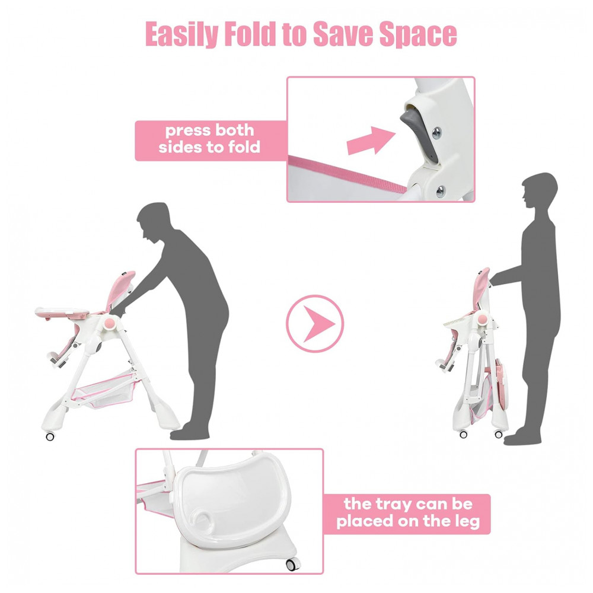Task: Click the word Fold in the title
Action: (250, 34)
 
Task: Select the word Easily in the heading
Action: (181, 34)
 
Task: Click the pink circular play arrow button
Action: (315, 324)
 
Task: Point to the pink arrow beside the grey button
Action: (371, 141)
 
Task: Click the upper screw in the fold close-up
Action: (436, 133)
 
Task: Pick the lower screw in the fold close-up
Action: (441, 192)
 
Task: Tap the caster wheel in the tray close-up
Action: (292, 565)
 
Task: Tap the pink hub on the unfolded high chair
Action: (109, 323)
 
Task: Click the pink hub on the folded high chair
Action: (483, 320)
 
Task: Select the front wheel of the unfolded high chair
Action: (50, 436)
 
